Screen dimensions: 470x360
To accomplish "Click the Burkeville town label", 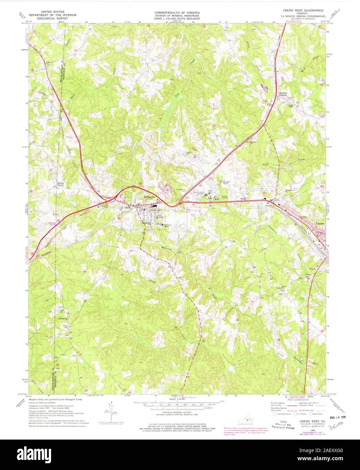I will click(x=149, y=197).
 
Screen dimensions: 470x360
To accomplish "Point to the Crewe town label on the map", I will click(x=320, y=224).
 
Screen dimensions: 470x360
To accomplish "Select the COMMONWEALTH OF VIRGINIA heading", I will click(x=177, y=12).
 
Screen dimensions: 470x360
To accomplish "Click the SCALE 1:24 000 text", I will click(x=177, y=399).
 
